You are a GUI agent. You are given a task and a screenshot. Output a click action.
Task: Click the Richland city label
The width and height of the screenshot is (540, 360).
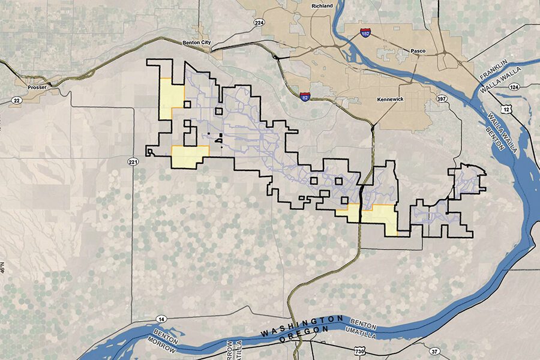[322, 6]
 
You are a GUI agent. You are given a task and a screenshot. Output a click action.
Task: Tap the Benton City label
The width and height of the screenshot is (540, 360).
[197, 43]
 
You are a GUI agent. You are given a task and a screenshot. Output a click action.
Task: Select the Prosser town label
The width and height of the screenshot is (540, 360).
[37, 87]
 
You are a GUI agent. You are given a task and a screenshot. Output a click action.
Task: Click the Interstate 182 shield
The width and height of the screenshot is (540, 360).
[365, 34]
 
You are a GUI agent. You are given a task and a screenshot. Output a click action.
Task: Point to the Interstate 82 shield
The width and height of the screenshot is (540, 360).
[305, 95]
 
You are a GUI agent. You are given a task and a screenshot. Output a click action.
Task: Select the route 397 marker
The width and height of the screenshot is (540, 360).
[442, 98]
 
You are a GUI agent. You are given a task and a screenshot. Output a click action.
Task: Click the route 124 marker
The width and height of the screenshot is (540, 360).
[514, 88]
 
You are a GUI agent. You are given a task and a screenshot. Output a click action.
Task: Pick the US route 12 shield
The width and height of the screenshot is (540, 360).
[508, 109]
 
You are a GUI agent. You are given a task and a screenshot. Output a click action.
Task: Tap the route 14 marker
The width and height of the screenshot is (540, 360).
[162, 319]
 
